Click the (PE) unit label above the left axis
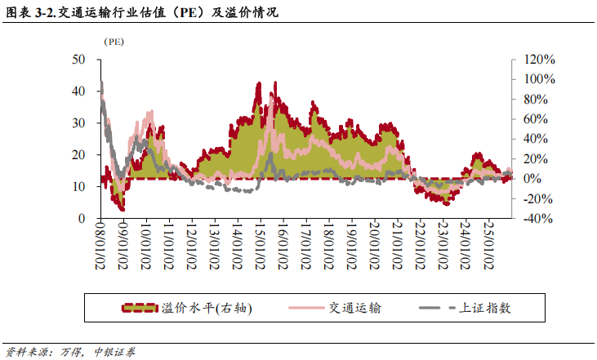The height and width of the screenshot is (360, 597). pos(112,42)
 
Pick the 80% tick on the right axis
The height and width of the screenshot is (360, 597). pos(535,100)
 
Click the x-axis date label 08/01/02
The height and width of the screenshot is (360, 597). pos(100,246)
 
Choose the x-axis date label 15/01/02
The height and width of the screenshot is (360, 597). pos(259,246)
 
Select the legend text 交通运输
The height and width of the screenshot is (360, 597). pos(355,308)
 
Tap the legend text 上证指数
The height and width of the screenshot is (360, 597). pos(486,308)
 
